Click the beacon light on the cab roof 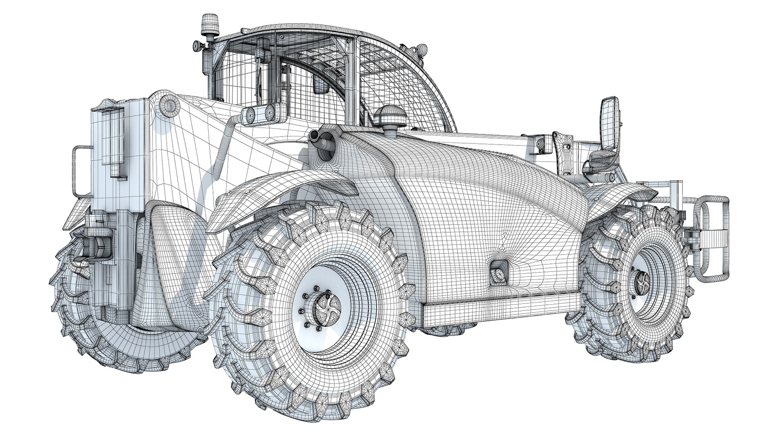click(209, 24)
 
